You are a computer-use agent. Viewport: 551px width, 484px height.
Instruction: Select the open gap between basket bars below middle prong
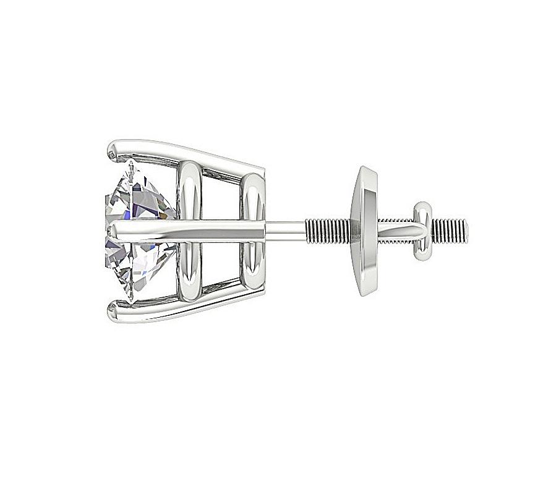click(223, 263)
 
